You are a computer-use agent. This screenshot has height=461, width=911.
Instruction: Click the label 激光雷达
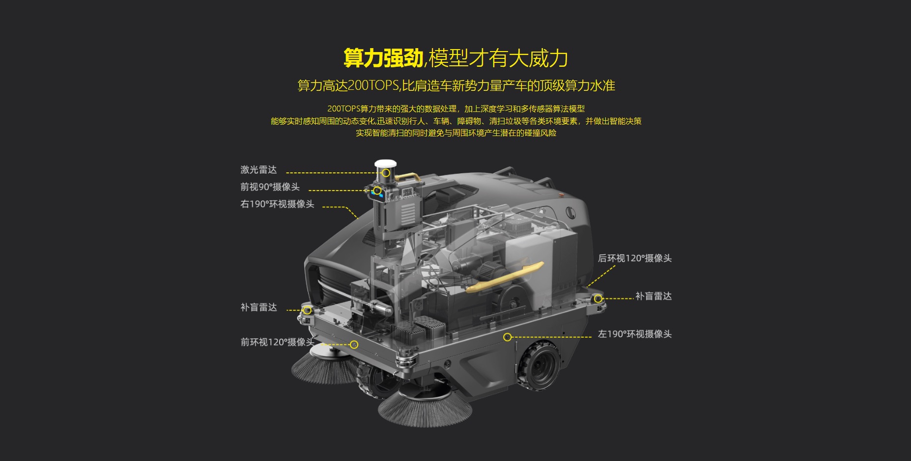258,170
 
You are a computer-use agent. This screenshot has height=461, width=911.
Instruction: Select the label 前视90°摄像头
270,187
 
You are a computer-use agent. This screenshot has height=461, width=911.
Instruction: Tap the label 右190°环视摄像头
277,204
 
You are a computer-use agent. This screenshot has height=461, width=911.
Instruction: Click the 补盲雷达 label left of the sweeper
258,307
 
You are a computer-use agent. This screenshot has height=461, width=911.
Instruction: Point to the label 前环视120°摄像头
277,342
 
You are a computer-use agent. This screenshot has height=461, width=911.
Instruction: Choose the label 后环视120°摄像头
634,258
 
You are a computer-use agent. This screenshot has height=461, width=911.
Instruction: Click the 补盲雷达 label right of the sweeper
654,296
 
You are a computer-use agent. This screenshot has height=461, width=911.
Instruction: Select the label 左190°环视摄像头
634,334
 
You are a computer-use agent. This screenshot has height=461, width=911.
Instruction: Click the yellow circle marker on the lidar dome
386,173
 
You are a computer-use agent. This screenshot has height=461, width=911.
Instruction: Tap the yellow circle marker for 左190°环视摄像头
508,337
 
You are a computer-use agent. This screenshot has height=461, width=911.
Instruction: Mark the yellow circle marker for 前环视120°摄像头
354,345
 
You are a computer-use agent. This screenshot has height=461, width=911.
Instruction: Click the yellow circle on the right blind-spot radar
598,298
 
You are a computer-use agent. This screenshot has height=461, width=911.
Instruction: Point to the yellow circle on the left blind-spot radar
307,310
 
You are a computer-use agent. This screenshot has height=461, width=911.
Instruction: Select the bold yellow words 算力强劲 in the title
383,58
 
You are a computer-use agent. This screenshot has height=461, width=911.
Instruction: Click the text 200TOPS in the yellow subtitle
373,85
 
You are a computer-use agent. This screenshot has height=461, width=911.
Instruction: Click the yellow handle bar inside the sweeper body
504,277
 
